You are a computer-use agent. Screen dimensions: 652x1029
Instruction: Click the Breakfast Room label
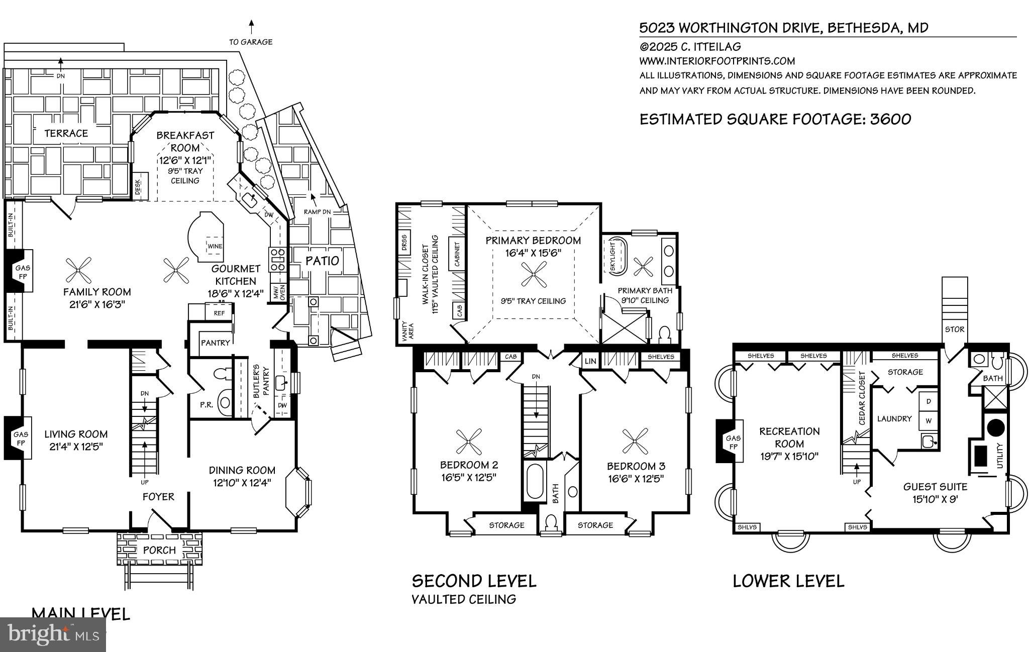(x=185, y=141)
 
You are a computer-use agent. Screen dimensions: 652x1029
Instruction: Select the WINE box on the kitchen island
(x=215, y=246)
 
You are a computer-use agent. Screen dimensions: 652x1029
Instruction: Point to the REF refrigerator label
(x=219, y=313)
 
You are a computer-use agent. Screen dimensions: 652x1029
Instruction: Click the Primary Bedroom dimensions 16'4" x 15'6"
(x=533, y=253)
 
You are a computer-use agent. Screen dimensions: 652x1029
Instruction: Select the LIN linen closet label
(x=591, y=361)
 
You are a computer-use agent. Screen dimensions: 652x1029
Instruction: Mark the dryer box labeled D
(x=929, y=401)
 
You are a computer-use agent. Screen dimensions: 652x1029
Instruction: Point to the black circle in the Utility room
(x=996, y=428)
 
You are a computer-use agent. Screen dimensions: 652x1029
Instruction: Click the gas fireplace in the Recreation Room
(x=729, y=441)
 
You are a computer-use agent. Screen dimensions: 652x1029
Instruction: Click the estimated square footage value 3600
(x=890, y=119)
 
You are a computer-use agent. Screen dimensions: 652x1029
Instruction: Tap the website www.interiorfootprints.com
(x=716, y=61)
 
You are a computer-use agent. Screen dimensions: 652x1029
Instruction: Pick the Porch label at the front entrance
(x=159, y=550)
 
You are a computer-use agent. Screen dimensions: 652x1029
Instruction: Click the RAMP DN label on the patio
(x=317, y=211)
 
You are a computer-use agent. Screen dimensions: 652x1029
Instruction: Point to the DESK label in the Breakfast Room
(x=138, y=188)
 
